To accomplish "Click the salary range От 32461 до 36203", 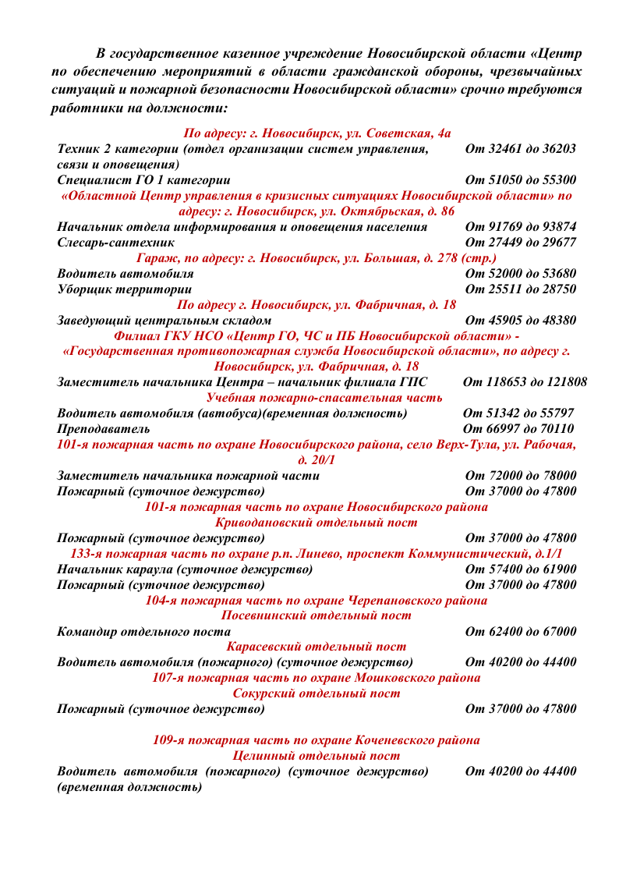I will [x=520, y=148].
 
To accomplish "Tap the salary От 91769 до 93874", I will [x=520, y=227].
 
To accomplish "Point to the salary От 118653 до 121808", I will [x=525, y=382].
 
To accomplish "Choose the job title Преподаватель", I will [x=104, y=429].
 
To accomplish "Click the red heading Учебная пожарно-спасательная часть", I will [x=318, y=398].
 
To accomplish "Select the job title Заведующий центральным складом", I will [x=164, y=321].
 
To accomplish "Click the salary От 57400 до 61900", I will [x=520, y=569].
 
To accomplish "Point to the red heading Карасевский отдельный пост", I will [x=316, y=647].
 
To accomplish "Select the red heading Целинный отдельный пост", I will [x=316, y=755].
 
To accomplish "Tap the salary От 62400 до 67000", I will [x=520, y=631].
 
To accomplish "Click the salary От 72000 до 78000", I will [x=520, y=476].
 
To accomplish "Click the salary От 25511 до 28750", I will [x=520, y=289].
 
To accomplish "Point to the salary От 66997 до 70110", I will [x=518, y=429].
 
